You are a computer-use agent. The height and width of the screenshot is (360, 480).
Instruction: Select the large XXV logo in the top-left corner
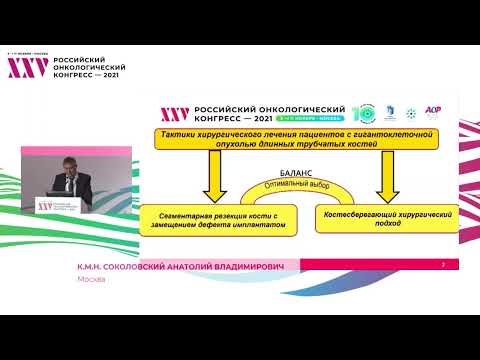point(28,67)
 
